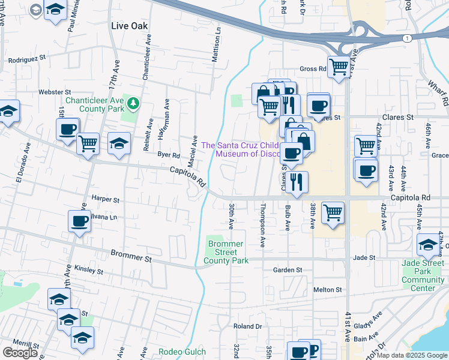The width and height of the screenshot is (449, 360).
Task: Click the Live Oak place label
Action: (130, 26)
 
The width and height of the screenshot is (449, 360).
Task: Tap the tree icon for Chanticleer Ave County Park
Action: (133, 105)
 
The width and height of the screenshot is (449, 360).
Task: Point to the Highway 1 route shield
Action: (407, 38)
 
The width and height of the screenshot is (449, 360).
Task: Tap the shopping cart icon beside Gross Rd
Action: (339, 67)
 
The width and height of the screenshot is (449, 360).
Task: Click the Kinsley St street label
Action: (89, 270)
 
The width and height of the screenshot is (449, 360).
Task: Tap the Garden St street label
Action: (287, 270)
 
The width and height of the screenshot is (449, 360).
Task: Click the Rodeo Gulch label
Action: (182, 352)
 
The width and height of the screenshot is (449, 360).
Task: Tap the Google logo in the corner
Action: (20, 353)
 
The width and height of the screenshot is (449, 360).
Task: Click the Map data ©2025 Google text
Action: (411, 355)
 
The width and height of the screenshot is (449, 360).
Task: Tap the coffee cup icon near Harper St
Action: (79, 221)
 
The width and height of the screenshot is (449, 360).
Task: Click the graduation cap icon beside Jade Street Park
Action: (428, 244)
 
